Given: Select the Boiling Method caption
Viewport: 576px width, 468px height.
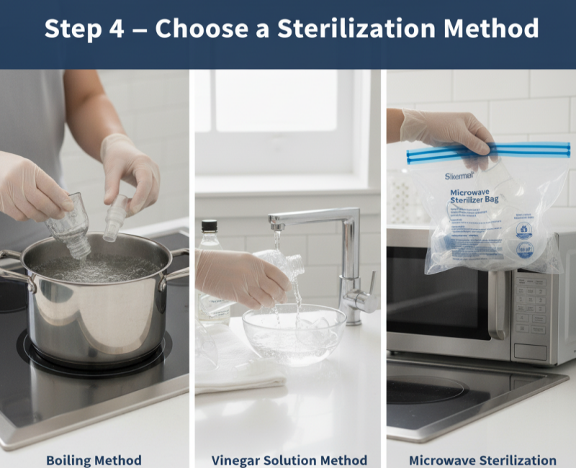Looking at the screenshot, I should (94, 459).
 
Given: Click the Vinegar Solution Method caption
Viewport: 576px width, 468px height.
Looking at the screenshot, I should (289, 459).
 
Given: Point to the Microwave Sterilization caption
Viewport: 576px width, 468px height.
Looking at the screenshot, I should (482, 459).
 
